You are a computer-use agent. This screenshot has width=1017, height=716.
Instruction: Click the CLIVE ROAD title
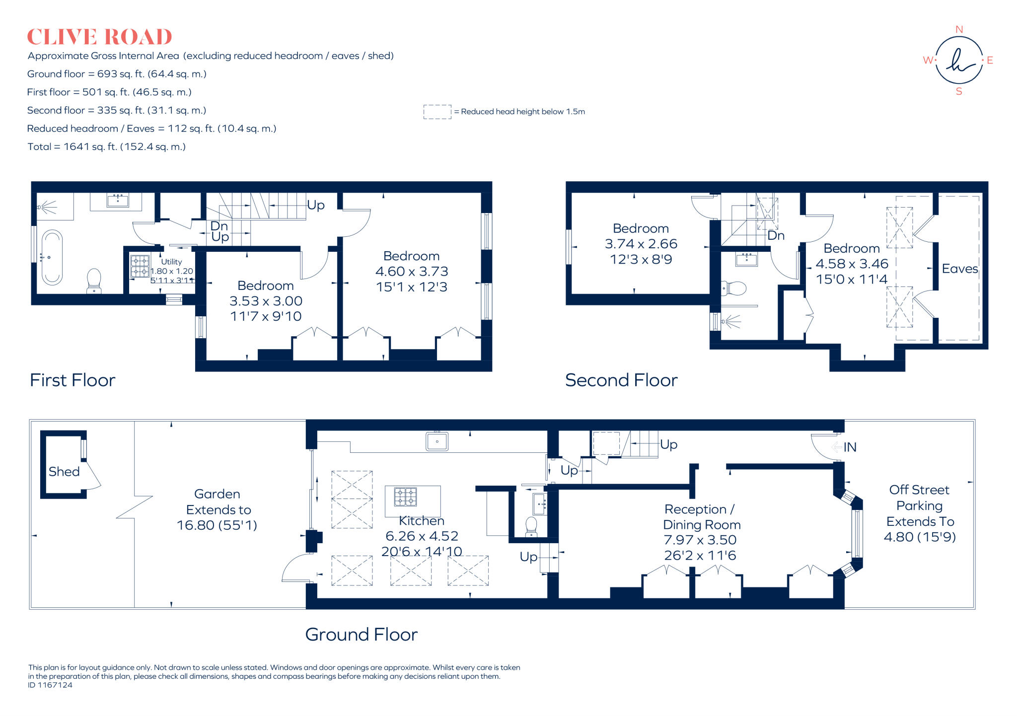(99, 37)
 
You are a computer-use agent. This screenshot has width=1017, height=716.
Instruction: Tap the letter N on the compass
(959, 30)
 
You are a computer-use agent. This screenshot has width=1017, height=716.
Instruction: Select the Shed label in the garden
(64, 472)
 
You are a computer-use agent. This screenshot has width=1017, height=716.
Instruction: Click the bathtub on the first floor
(52, 257)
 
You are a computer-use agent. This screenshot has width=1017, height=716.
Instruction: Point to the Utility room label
(171, 262)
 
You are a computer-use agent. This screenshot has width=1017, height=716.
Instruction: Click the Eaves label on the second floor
(959, 269)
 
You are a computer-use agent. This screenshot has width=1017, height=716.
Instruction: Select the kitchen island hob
(405, 497)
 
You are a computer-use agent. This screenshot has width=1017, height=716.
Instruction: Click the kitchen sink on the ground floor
(437, 441)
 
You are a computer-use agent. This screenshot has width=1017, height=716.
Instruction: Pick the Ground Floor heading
(361, 635)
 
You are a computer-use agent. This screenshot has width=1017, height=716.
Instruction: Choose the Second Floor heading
(621, 380)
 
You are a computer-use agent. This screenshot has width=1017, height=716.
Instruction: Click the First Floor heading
(73, 380)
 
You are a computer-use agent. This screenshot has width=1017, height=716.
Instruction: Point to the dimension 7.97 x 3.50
(700, 540)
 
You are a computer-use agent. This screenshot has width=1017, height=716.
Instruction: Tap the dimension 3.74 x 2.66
(641, 244)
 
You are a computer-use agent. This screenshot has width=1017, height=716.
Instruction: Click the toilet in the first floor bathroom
(94, 280)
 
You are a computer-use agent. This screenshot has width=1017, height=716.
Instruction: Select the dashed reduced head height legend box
(437, 112)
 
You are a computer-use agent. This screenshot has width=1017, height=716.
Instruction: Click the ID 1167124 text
(50, 685)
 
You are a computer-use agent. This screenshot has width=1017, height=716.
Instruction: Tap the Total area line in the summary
(106, 147)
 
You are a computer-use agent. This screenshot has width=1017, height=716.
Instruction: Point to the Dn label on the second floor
(776, 235)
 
